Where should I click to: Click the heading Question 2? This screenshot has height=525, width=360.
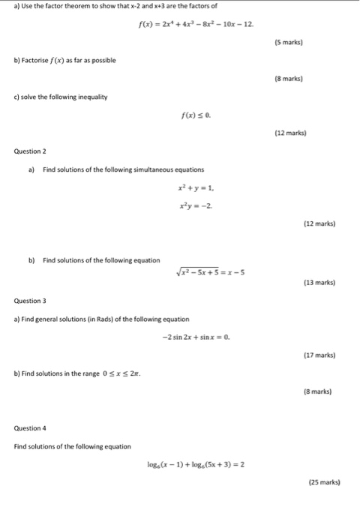click(30, 151)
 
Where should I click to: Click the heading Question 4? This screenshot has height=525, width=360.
click(30, 428)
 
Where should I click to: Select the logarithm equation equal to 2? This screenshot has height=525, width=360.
click(196, 464)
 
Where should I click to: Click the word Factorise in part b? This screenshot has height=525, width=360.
click(40, 59)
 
